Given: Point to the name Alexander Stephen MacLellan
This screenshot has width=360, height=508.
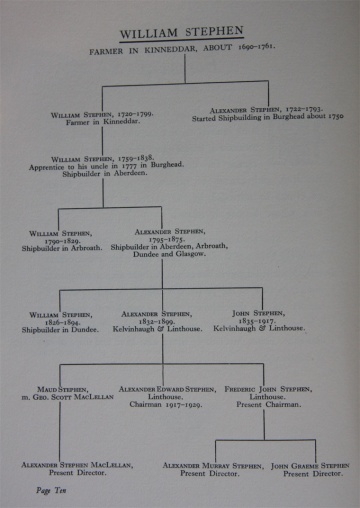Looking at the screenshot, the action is tap(70, 465).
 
